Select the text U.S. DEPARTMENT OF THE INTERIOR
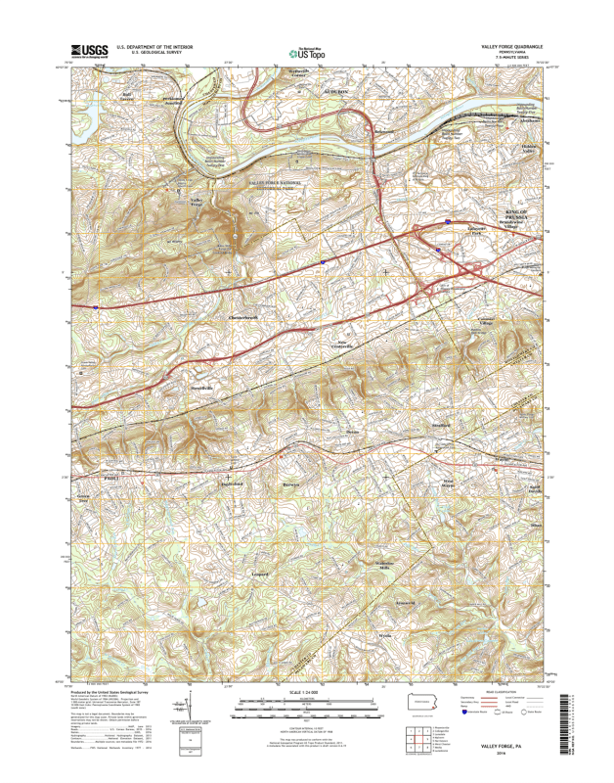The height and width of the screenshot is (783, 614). [154, 46]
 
